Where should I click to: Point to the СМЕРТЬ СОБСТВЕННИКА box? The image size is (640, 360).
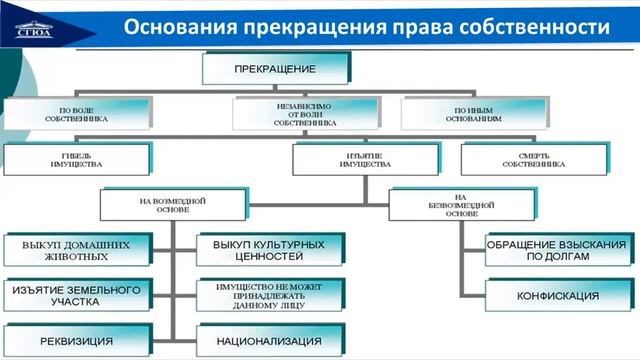(x=534, y=158)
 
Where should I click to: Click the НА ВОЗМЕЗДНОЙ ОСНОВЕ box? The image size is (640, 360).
(x=171, y=205)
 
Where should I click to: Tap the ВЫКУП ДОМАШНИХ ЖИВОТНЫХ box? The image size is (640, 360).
(x=75, y=249)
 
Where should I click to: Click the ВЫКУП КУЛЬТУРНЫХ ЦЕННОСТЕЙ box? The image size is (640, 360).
(x=269, y=249)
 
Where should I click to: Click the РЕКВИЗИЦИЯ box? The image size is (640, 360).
(x=75, y=341)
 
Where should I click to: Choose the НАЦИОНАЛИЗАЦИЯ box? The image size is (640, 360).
(x=269, y=341)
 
